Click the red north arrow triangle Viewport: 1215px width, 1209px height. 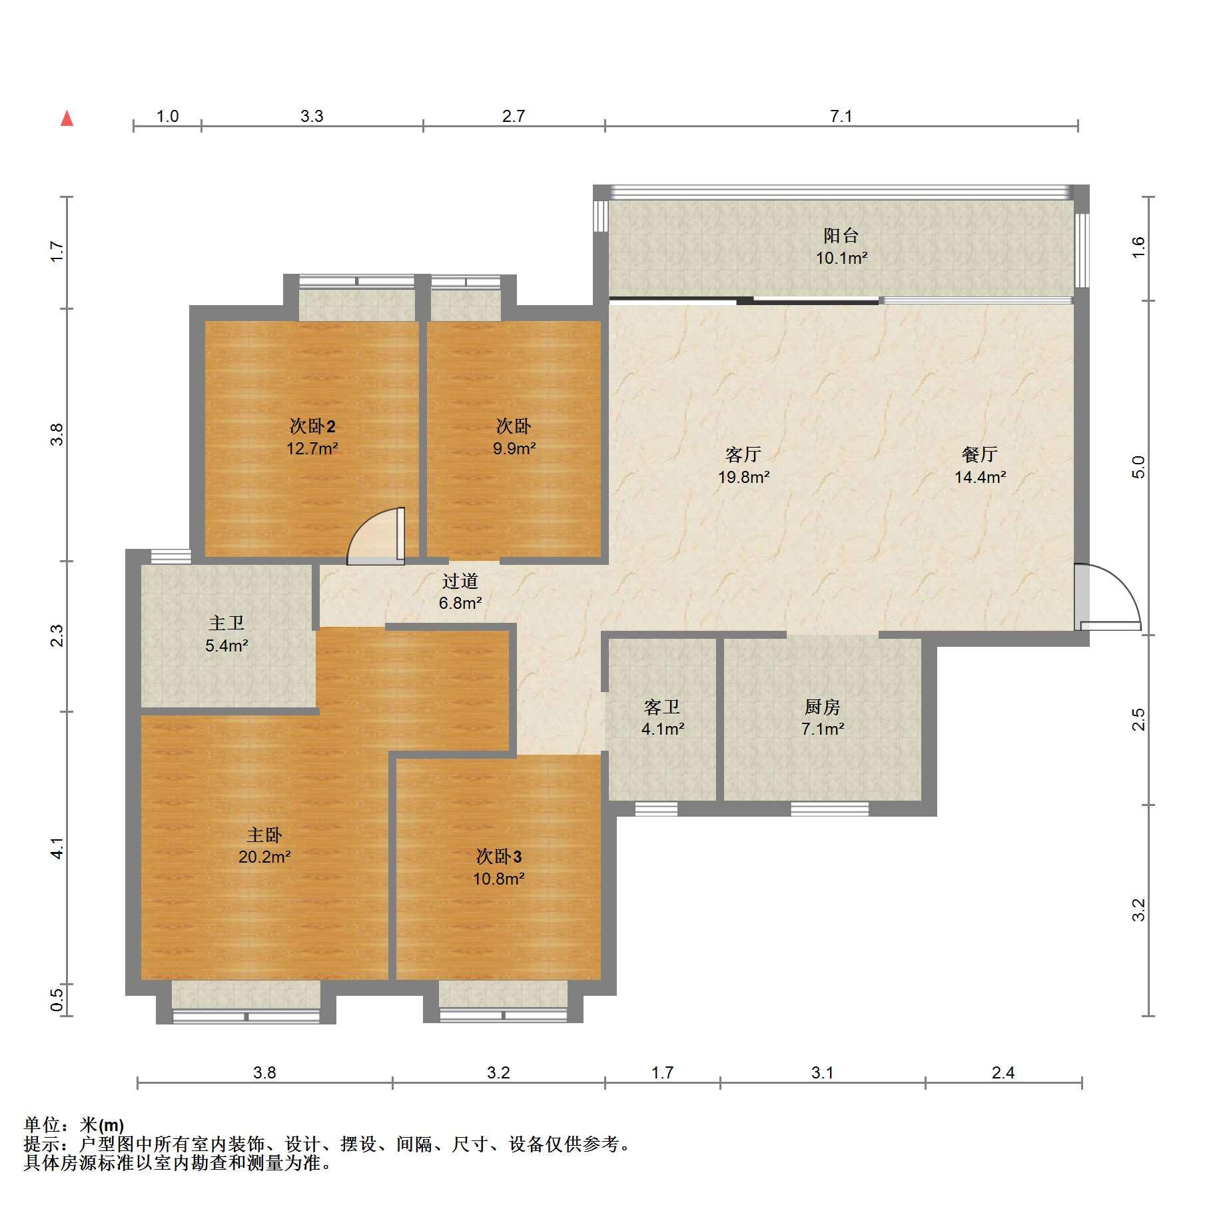67,119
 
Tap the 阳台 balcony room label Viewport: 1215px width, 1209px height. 841,235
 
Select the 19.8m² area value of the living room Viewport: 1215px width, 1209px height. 743,477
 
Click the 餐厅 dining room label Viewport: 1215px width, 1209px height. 979,454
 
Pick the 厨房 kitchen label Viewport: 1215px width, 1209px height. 823,706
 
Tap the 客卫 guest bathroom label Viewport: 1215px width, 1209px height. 662,706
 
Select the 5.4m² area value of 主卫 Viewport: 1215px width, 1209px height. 226,645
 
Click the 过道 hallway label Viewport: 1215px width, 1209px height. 460,581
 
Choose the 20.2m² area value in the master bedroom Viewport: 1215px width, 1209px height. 264,857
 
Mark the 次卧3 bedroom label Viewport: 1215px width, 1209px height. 499,856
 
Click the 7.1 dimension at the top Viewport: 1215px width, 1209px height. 841,117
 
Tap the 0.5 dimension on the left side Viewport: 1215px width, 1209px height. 57,1000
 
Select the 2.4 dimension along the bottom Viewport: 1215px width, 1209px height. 1003,1072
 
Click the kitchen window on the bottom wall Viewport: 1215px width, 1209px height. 829,809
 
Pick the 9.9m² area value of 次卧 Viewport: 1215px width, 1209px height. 514,448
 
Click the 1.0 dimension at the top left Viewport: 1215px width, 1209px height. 167,117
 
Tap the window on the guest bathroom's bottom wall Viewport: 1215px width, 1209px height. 656,809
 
